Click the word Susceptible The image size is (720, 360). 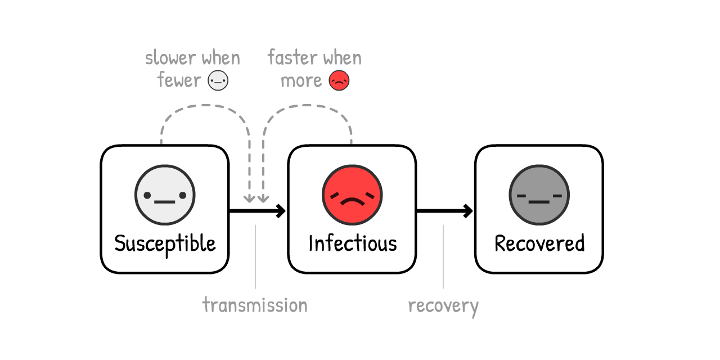tap(165, 244)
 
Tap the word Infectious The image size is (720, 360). tap(353, 244)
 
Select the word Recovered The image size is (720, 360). tap(539, 244)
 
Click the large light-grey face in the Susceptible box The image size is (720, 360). tap(165, 195)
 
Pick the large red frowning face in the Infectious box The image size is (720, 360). tap(353, 195)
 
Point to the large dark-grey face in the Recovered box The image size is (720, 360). tap(539, 195)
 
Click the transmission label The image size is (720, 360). tap(255, 305)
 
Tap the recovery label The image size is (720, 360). tap(443, 306)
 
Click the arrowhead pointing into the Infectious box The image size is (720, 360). tap(280, 211)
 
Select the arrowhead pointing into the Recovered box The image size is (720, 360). tap(467, 211)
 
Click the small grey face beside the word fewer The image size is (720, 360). tap(218, 80)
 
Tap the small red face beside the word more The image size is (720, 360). tap(339, 80)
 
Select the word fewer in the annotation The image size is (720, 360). tap(179, 80)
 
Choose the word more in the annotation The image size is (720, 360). tap(301, 81)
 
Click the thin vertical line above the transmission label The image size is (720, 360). tap(255, 256)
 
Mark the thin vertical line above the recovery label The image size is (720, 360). tap(443, 256)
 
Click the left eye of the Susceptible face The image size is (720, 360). tap(147, 196)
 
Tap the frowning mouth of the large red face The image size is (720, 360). tap(353, 200)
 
